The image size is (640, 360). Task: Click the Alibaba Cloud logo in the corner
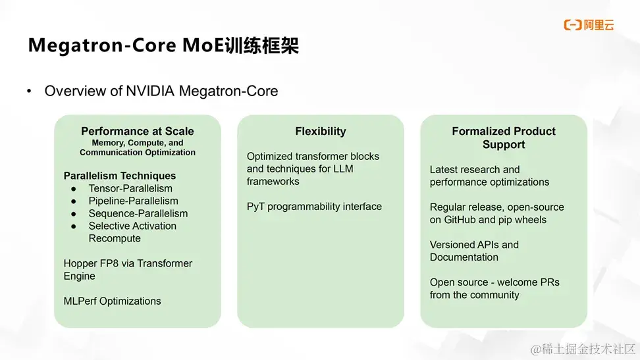coord(589,25)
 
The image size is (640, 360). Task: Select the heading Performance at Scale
coord(138,131)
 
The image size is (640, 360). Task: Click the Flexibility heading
coord(321,131)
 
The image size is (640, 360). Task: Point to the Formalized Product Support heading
coord(504,138)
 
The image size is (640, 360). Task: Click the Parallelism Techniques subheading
coord(120,176)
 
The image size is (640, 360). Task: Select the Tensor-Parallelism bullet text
coord(130,188)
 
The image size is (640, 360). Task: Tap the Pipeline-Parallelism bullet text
coord(133,201)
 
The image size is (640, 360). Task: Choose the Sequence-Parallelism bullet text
coord(138,213)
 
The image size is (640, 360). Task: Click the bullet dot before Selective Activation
coord(74,226)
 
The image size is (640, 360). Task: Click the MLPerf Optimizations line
coord(112,301)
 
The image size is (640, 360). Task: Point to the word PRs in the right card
coord(548,282)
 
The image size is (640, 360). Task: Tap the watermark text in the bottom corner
coord(583,348)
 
